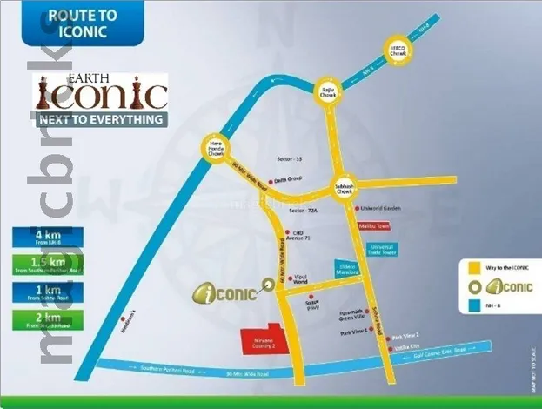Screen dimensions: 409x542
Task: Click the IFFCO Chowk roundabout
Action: coord(398,53)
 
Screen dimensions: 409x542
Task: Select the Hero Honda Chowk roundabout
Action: coord(217,150)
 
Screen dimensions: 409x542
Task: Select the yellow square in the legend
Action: coord(474,267)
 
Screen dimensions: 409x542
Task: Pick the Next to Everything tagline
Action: coord(99,119)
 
